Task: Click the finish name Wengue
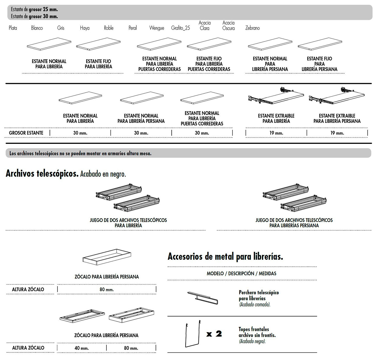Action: point(157,28)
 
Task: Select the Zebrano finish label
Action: point(252,28)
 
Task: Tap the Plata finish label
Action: point(13,28)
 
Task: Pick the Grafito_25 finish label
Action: point(180,28)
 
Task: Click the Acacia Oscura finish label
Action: point(229,25)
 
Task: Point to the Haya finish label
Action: point(85,28)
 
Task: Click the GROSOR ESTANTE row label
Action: point(26,133)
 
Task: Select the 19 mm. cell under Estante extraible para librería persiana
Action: point(337,133)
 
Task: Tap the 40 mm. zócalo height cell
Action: point(81,348)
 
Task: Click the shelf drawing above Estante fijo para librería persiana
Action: point(320,44)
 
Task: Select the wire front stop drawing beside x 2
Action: point(193,335)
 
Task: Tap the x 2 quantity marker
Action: point(214,334)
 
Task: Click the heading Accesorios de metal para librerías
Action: point(225,256)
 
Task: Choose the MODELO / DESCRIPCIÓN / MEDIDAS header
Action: point(241,274)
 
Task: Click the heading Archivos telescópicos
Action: point(42,174)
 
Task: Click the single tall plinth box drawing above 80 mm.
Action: point(107,257)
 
